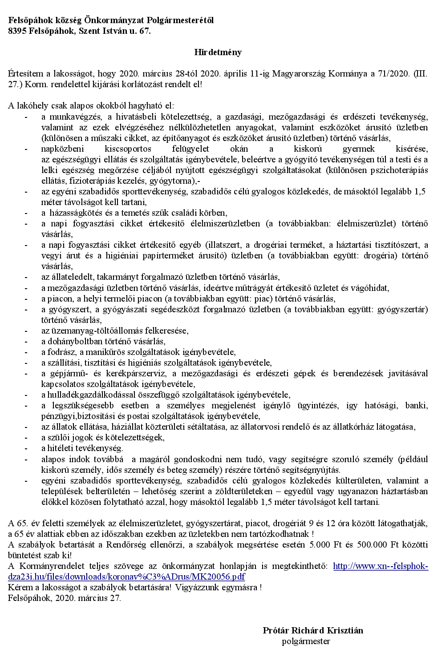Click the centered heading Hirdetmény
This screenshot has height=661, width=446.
(x=218, y=52)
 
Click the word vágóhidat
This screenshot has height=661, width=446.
(x=369, y=288)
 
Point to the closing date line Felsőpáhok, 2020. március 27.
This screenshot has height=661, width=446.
(x=65, y=598)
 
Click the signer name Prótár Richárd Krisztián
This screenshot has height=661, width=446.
(x=313, y=630)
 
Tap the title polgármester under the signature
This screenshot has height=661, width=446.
(x=306, y=641)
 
